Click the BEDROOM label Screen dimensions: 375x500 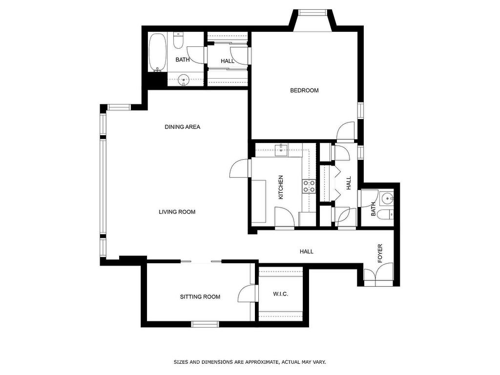(304, 90)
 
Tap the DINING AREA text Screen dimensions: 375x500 (182, 127)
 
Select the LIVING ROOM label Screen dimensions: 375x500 (177, 212)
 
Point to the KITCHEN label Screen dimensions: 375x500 (281, 187)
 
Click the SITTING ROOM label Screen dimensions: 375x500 (200, 297)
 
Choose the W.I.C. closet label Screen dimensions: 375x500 (280, 294)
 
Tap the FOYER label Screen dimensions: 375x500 (380, 253)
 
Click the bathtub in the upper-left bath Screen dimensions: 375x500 (157, 52)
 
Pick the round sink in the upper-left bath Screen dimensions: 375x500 (184, 79)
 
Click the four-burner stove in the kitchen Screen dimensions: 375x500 (309, 186)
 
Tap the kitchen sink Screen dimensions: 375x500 (282, 150)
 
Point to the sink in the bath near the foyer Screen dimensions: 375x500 (387, 199)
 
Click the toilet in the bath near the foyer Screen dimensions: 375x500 (387, 214)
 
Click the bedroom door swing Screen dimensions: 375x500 (346, 131)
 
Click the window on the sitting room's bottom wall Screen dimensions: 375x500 (205, 324)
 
